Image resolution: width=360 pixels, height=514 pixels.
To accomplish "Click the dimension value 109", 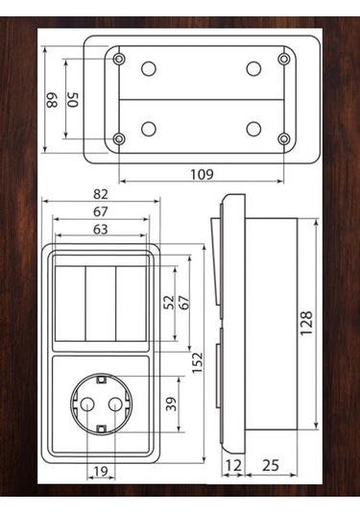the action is pos(202,175).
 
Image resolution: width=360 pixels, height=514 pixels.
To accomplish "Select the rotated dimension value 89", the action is pos(52,100).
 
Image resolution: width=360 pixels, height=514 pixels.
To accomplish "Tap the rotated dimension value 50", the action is pos(73,100).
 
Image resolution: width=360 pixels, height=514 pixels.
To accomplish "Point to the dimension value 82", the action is pos(101,194).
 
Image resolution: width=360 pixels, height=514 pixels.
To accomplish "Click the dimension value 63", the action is pos(101,230).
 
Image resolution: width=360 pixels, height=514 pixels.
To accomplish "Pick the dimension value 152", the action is pos(198,363).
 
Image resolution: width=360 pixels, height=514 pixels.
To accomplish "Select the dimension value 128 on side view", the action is pos(306,323).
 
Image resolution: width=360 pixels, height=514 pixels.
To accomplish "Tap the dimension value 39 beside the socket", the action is pos(171,404).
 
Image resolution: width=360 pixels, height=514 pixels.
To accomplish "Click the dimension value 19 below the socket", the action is pos(101,471).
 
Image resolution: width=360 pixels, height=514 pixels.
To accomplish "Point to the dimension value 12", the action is pos(233,466).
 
